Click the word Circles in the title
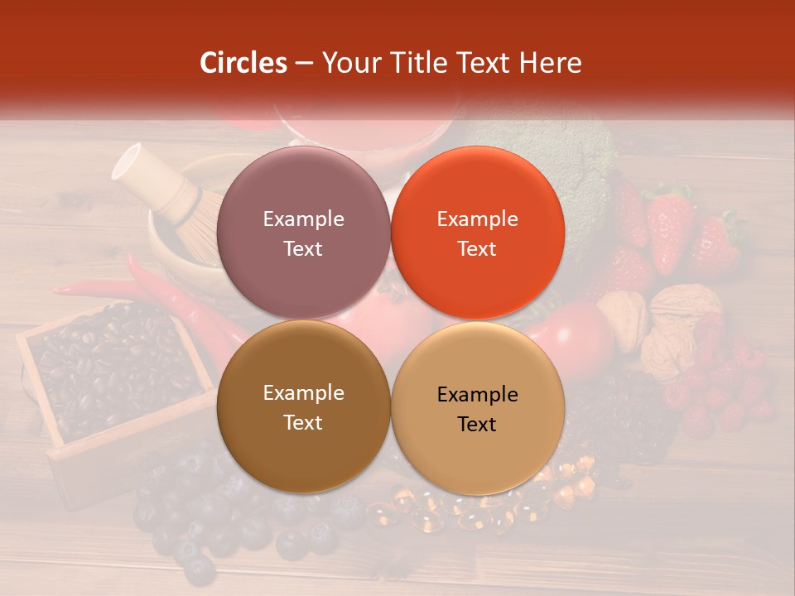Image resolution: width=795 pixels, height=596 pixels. pos(243,63)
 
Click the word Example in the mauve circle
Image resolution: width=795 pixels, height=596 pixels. pos(303,219)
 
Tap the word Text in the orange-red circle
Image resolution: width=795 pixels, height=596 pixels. pos(477,248)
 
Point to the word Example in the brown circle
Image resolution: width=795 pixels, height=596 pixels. pos(303,392)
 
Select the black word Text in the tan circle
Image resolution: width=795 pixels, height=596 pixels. pos(477,424)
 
